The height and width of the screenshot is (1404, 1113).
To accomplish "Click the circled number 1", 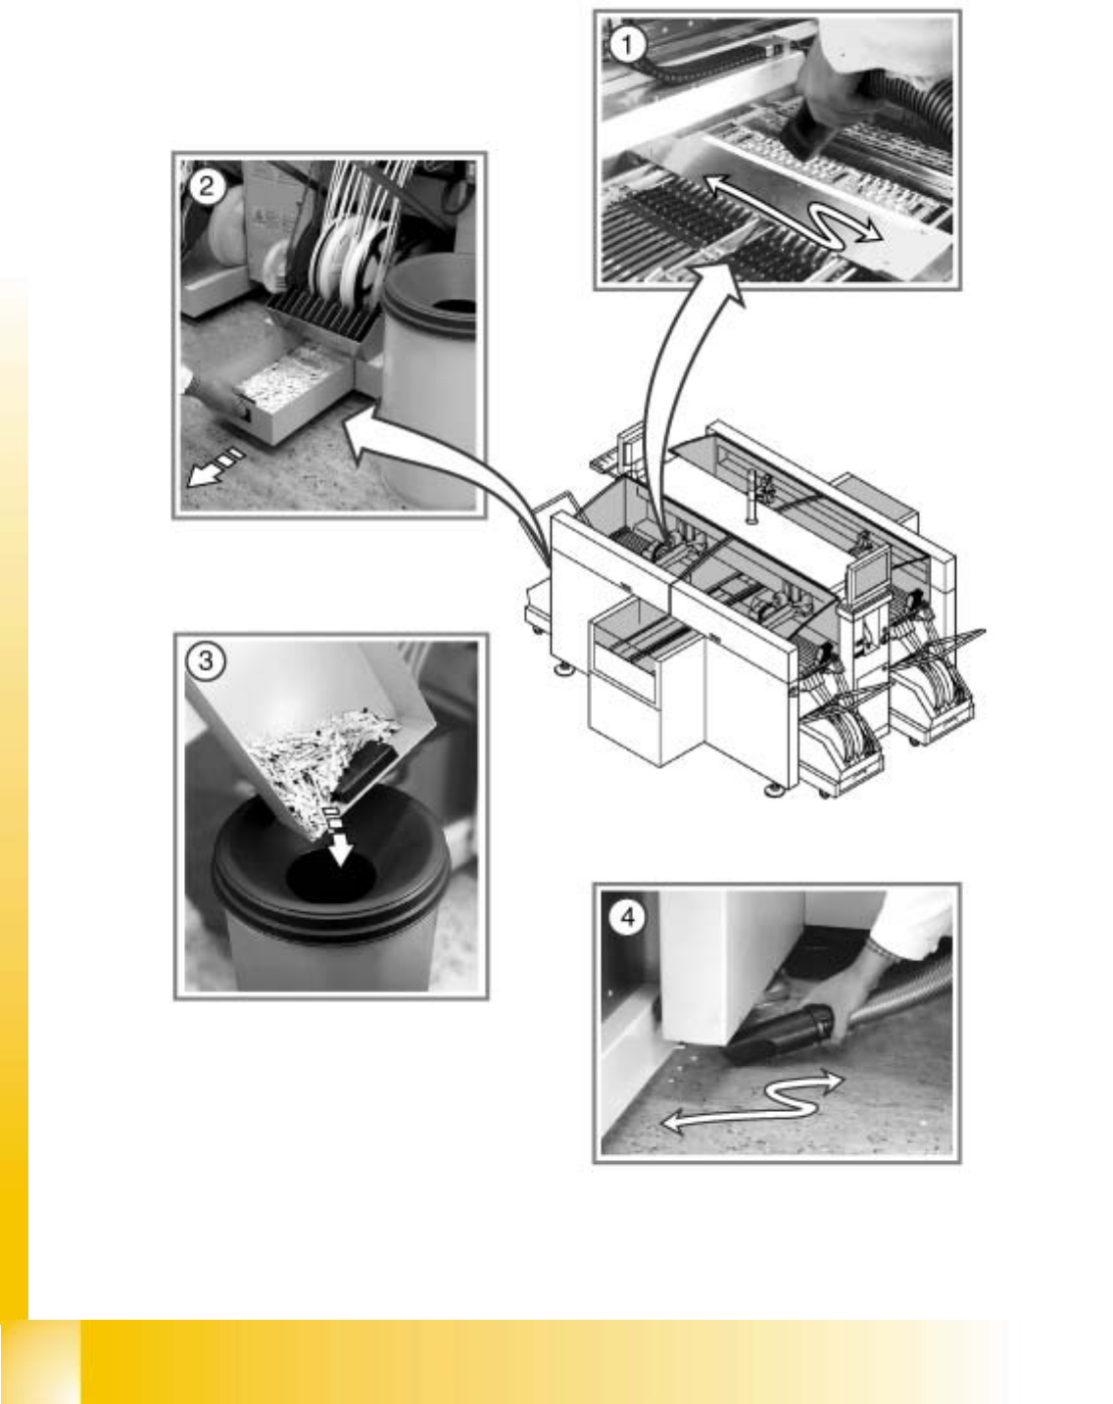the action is pyautogui.click(x=627, y=45).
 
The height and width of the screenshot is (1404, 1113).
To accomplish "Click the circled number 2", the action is pyautogui.click(x=207, y=188).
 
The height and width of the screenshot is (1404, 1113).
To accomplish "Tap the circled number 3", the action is pyautogui.click(x=206, y=661).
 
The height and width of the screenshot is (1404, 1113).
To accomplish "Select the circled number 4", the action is pyautogui.click(x=628, y=918).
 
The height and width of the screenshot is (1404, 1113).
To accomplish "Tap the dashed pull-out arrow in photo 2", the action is pyautogui.click(x=216, y=467).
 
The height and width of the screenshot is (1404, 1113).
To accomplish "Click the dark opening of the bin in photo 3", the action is pyautogui.click(x=331, y=877).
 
